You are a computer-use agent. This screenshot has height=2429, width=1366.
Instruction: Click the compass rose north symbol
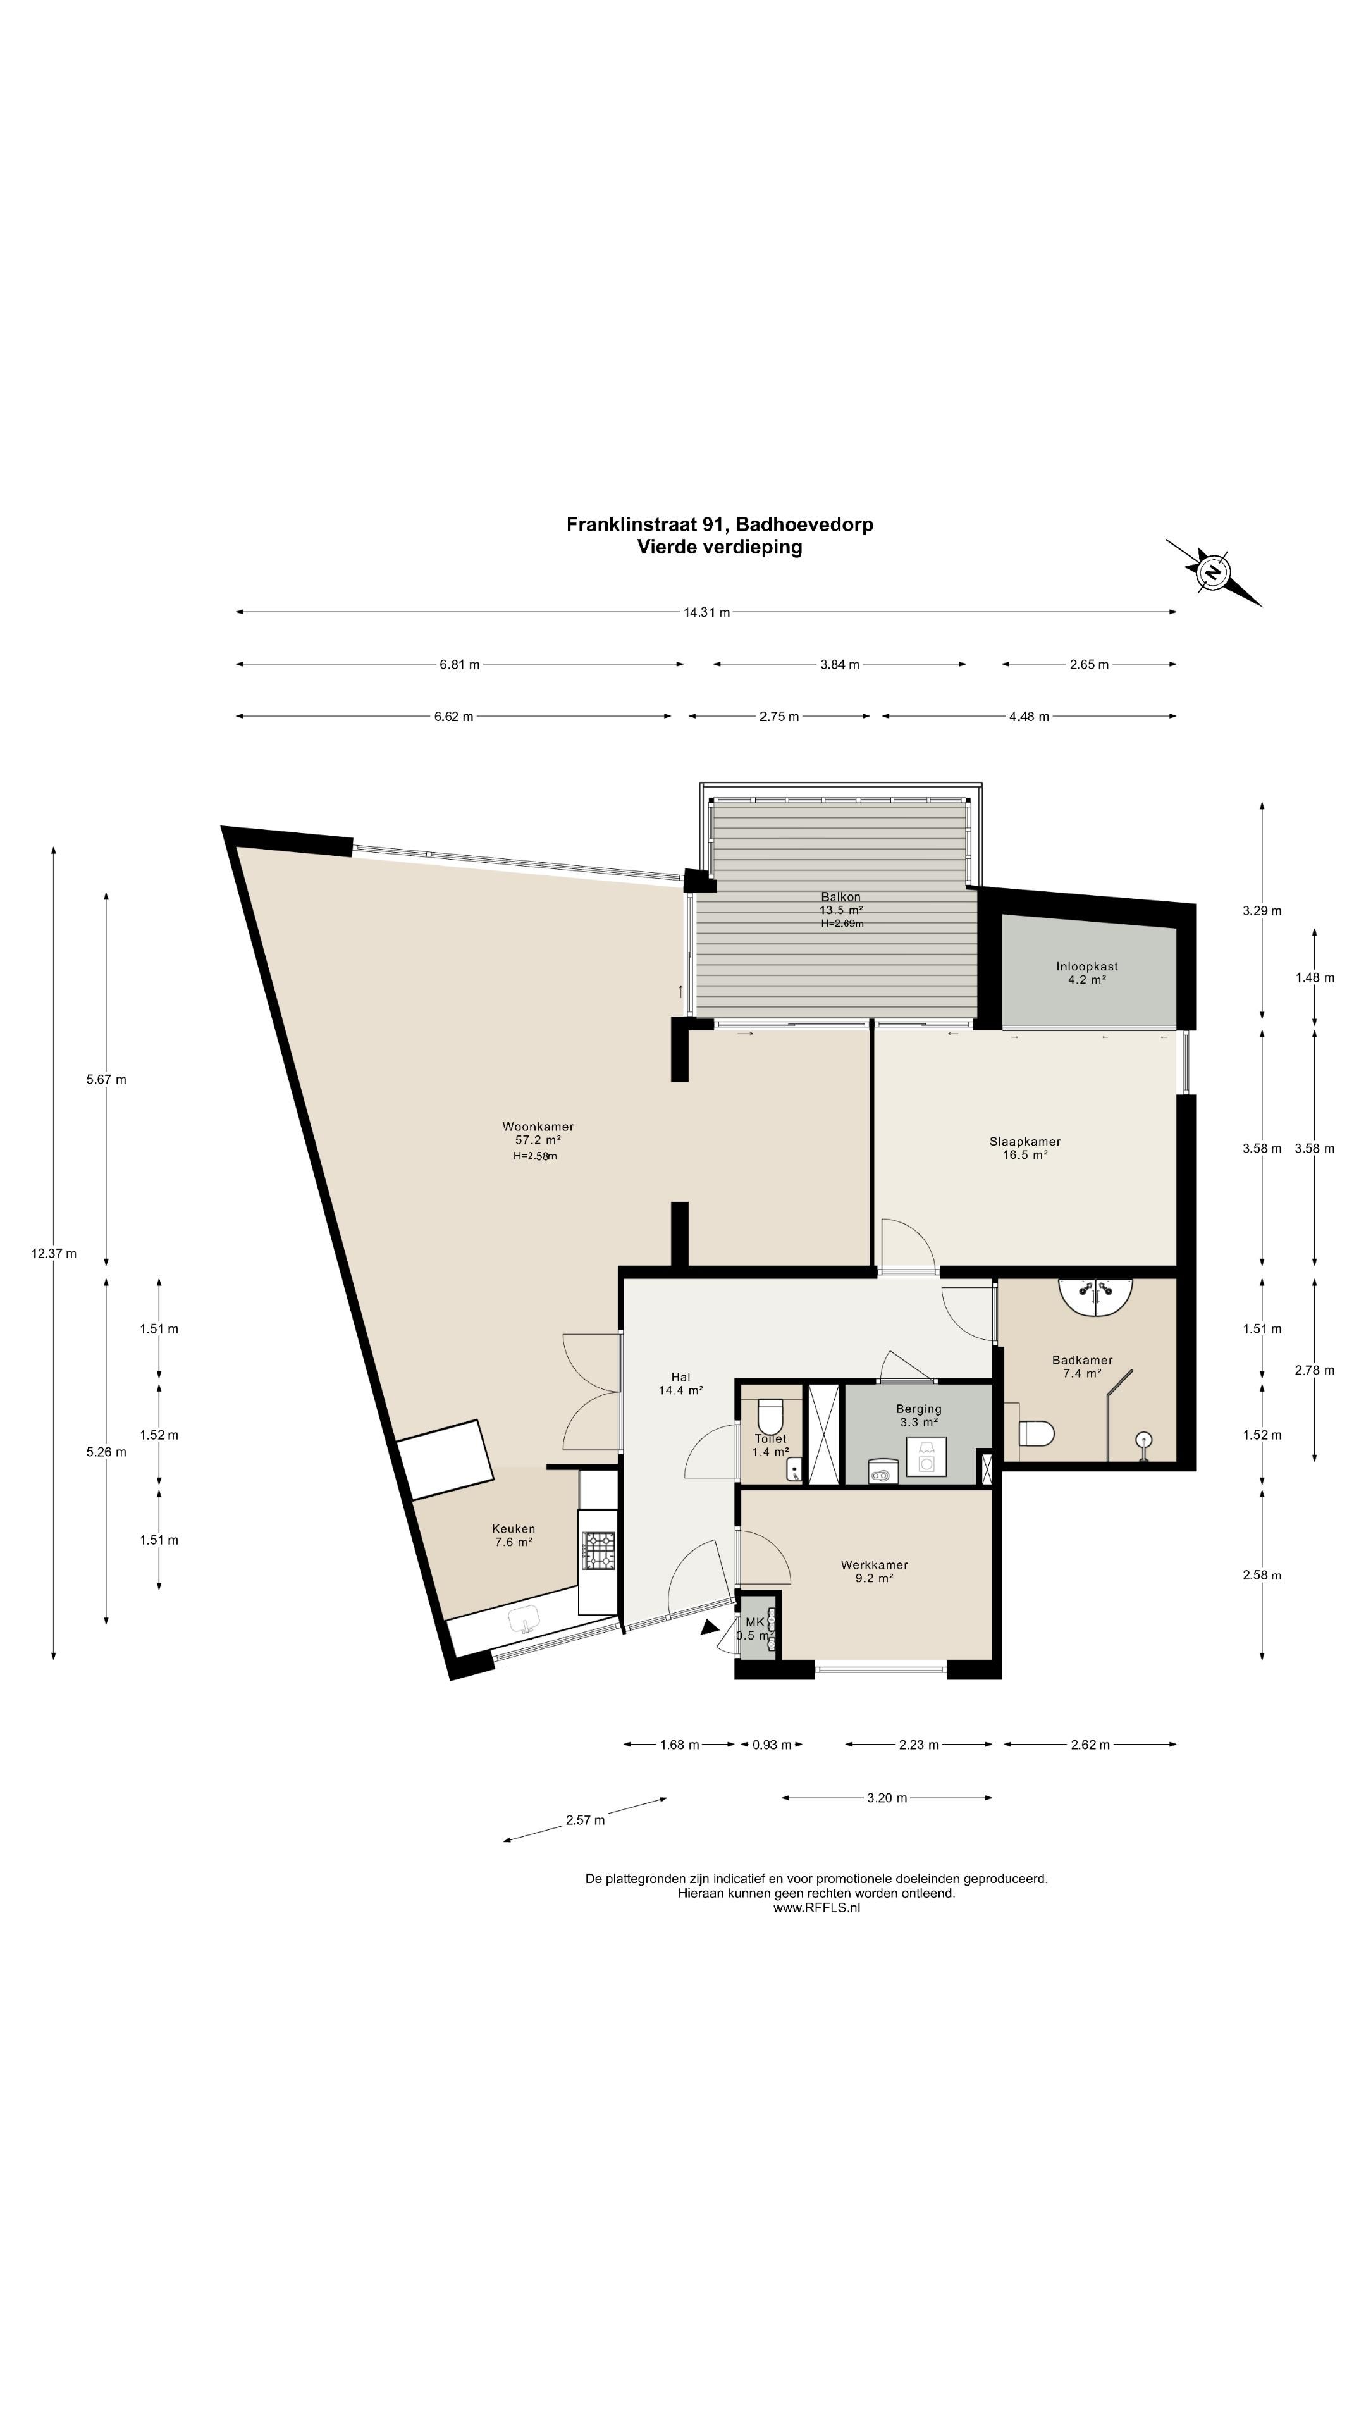[1214, 571]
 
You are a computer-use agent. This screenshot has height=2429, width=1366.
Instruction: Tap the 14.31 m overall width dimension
[706, 612]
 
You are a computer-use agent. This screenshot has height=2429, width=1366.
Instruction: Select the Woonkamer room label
[538, 1126]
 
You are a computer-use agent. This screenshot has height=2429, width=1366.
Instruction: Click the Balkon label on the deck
[840, 897]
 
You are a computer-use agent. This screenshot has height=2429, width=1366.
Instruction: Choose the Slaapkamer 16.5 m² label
[1024, 1147]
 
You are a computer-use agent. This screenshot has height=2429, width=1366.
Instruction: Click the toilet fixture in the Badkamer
[1035, 1434]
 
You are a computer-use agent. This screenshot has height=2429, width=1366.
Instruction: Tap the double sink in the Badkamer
[1095, 1295]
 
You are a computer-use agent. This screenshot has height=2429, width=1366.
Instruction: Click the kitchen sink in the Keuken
[523, 1620]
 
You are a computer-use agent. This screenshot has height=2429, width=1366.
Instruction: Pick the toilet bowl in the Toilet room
[770, 1416]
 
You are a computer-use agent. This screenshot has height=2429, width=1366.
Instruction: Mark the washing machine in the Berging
[926, 1457]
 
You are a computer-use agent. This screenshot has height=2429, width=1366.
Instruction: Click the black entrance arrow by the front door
[710, 1626]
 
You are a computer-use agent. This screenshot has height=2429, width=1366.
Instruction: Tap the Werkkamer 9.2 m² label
[874, 1571]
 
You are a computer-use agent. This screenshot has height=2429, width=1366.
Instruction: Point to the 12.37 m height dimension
[54, 1253]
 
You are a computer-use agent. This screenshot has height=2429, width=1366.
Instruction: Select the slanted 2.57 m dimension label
[586, 1820]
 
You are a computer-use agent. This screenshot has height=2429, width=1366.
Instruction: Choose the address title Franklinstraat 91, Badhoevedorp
[719, 524]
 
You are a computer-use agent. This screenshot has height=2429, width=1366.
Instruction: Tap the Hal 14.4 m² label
[680, 1383]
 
